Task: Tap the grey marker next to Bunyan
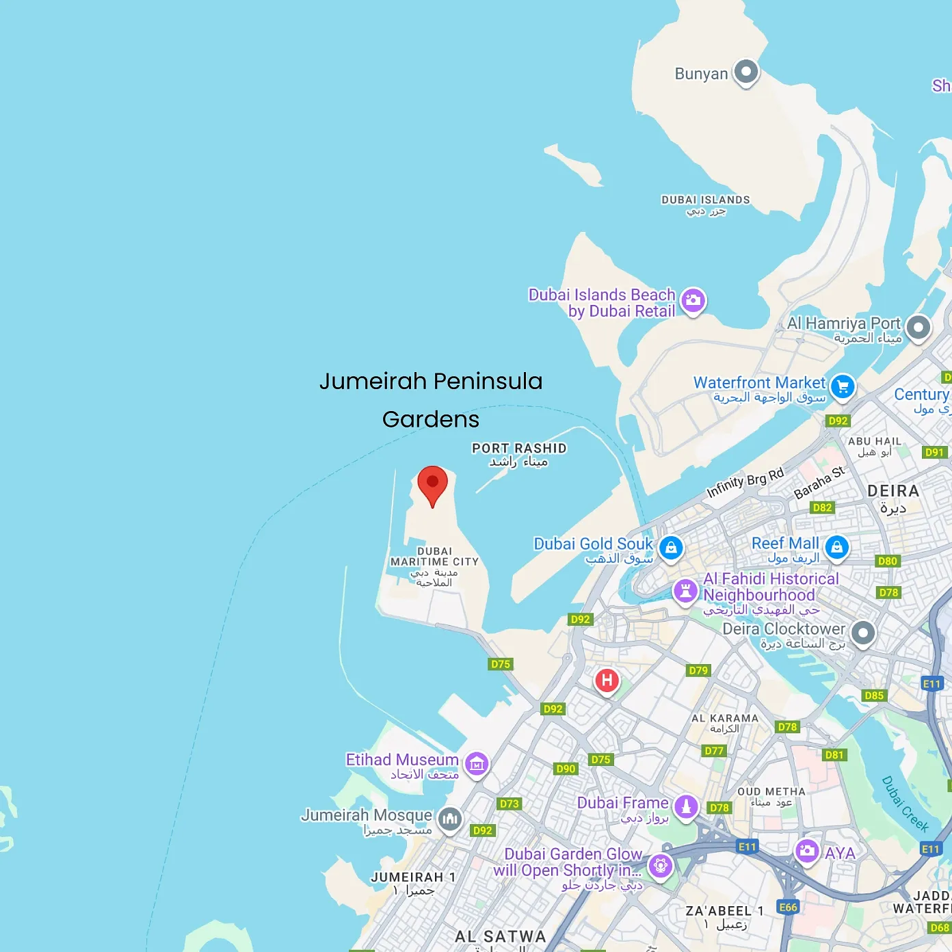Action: click(x=746, y=71)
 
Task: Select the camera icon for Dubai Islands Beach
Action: click(x=693, y=300)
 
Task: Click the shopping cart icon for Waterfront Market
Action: click(x=843, y=387)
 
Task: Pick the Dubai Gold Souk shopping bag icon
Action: click(x=671, y=548)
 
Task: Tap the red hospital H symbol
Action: click(x=607, y=680)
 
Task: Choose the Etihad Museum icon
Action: click(x=477, y=764)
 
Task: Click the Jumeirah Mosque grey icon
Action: click(x=449, y=819)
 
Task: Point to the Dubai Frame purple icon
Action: click(x=686, y=806)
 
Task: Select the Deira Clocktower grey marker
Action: click(x=863, y=633)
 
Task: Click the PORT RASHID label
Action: click(x=519, y=449)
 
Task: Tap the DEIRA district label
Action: click(x=893, y=491)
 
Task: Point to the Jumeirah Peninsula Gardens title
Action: click(x=431, y=400)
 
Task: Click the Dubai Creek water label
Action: click(x=905, y=804)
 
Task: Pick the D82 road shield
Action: click(x=822, y=507)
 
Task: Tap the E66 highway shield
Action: click(x=789, y=907)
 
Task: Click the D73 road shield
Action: click(x=509, y=804)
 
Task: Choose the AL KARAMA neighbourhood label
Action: click(x=725, y=718)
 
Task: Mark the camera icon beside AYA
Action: click(x=807, y=851)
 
